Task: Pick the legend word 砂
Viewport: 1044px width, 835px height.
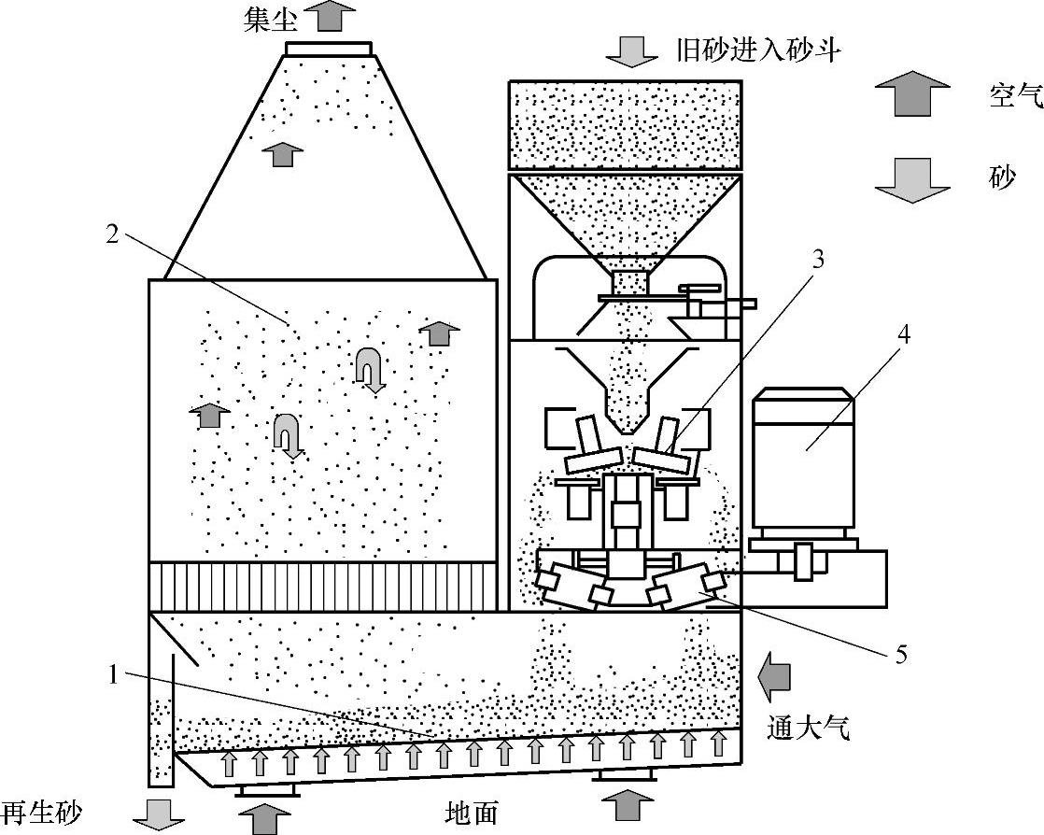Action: [x=1001, y=177]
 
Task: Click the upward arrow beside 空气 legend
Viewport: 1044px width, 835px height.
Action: [x=912, y=93]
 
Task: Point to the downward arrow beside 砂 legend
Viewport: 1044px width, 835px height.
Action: [x=912, y=179]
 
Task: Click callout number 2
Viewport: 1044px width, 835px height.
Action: [x=112, y=234]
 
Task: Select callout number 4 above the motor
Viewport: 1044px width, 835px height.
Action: [x=904, y=335]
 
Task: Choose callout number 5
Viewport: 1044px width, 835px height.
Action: [x=901, y=656]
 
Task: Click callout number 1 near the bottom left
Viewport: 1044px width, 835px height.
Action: [x=113, y=675]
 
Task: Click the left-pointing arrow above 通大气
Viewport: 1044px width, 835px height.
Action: [x=775, y=677]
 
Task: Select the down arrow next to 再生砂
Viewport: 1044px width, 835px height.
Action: [x=159, y=814]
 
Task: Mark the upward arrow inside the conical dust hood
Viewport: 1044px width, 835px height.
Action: [x=282, y=154]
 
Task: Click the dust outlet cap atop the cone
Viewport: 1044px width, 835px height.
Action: [x=329, y=49]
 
